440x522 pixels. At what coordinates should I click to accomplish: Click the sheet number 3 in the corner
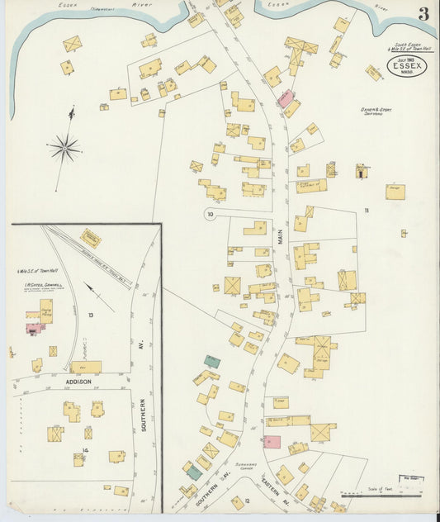[422, 14]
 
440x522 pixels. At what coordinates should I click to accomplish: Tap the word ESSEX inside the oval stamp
[407, 66]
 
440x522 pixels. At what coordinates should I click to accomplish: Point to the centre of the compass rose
[64, 149]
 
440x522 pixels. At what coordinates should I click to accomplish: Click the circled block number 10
[211, 216]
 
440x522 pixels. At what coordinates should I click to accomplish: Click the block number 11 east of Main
[368, 211]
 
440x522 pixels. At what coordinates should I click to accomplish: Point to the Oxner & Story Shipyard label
[376, 112]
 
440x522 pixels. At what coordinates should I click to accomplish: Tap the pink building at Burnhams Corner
[272, 441]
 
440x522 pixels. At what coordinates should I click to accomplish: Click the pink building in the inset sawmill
[35, 328]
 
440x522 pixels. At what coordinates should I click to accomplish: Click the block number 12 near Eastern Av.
[236, 501]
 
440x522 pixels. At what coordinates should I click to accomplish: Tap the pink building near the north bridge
[285, 99]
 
